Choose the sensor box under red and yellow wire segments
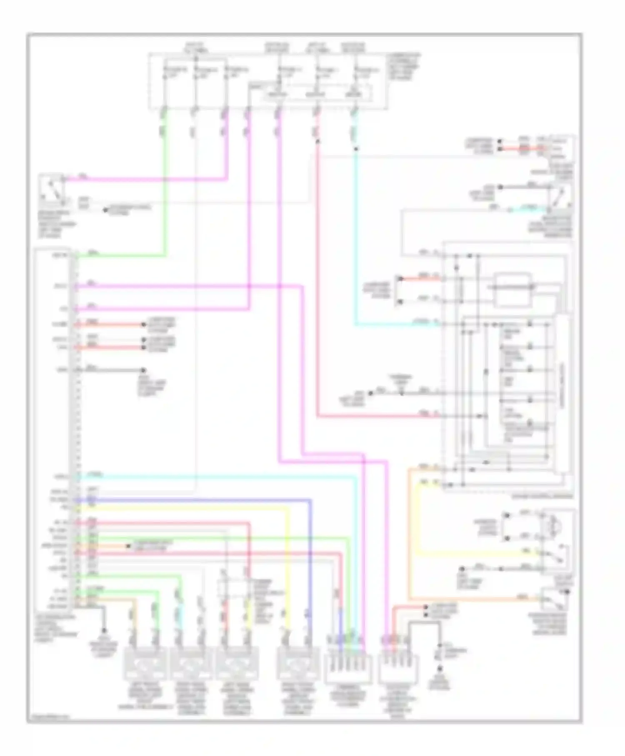tap(237, 663)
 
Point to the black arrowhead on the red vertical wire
tap(317, 142)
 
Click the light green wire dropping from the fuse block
tap(165, 179)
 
